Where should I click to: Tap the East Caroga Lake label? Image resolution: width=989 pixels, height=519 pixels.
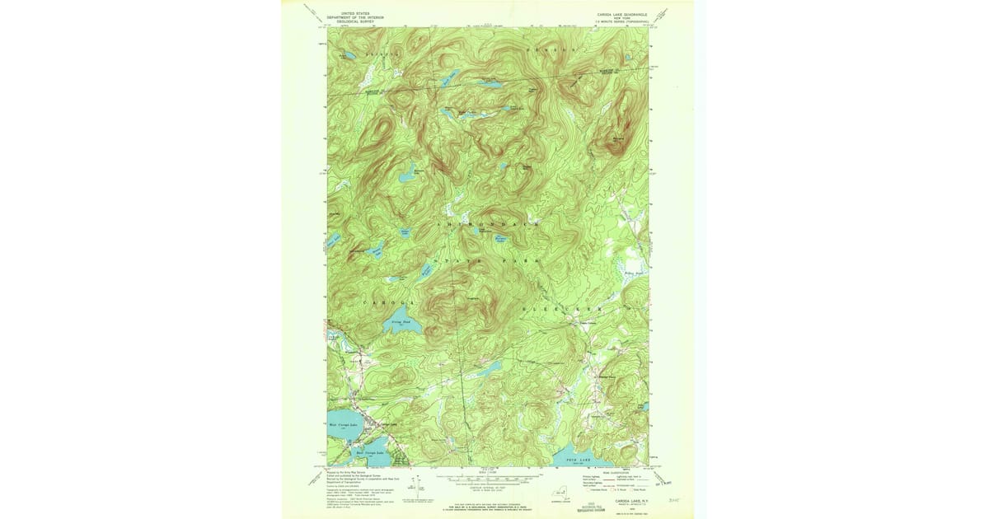[x=369, y=452]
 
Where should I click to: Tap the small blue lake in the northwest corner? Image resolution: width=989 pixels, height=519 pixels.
[x=346, y=56]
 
